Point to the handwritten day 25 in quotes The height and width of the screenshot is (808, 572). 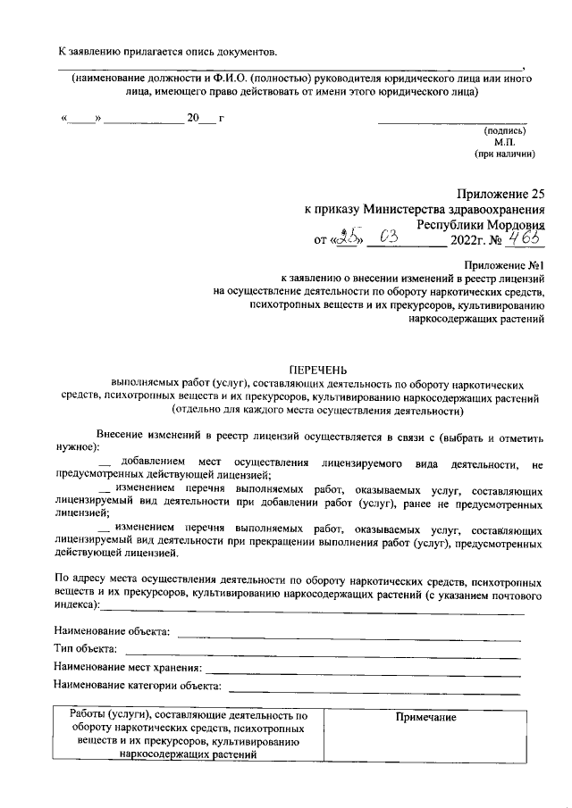(x=342, y=238)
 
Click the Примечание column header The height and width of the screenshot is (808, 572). (x=425, y=718)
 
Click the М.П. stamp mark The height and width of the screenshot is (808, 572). (x=504, y=141)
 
